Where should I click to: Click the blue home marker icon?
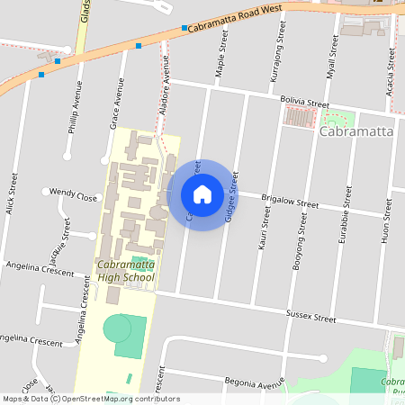click(202, 194)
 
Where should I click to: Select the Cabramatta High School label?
click(126, 271)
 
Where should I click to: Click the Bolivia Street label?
click(304, 104)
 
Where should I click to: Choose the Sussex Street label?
click(310, 317)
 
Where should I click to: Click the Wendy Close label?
click(74, 193)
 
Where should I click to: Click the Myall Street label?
click(332, 58)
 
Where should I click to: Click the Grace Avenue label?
click(116, 104)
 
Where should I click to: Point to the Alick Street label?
click(13, 193)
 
